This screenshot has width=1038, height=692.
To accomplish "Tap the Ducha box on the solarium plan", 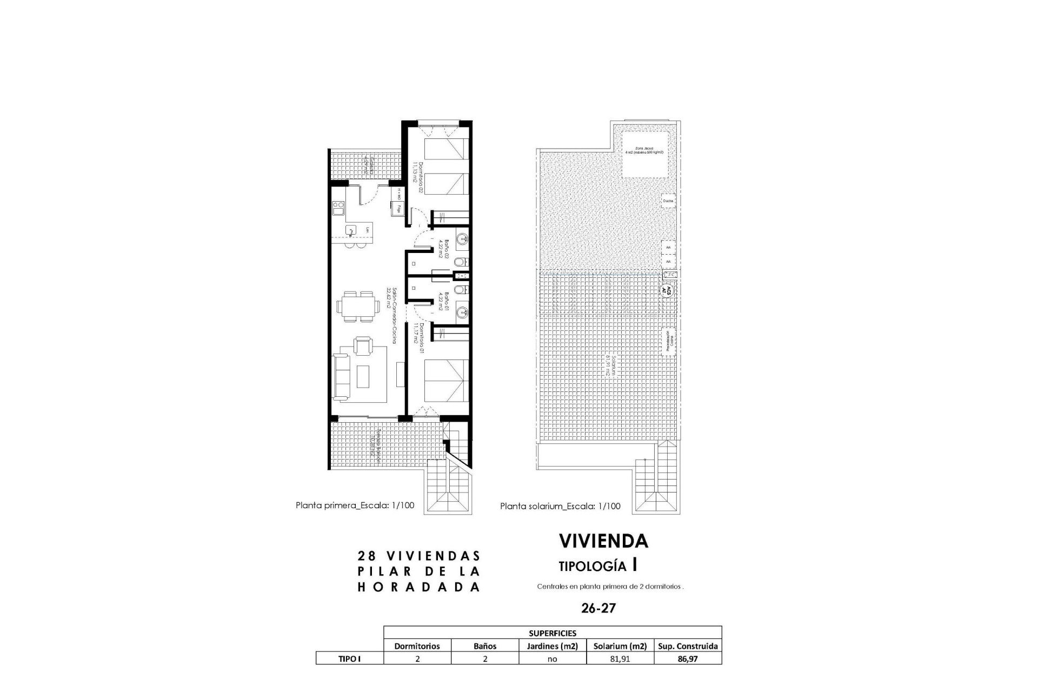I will coord(668,201).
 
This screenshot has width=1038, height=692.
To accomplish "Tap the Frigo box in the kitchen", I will coord(398,208).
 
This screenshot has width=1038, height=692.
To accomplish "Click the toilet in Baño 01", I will coord(458,291).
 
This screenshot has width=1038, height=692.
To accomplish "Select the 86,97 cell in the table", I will coord(688,659).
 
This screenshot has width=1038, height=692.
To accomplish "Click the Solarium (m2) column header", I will coord(620,646).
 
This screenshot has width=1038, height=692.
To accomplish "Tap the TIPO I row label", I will coord(349,659).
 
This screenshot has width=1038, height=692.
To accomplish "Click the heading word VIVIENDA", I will coord(603,541).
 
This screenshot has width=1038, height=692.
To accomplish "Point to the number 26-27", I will coord(598,608).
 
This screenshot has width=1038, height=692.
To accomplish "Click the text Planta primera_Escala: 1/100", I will coord(355,505).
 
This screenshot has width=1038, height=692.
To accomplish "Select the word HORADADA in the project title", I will coord(419,587).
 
